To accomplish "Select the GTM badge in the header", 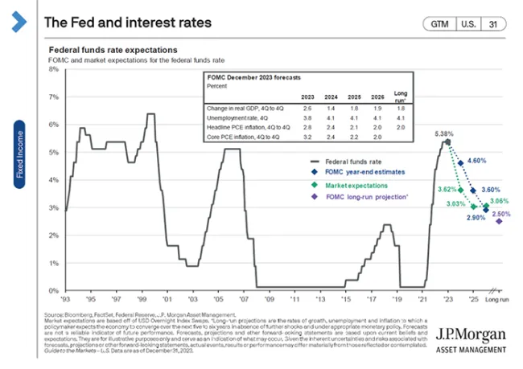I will click(439, 23).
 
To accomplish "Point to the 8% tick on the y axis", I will click(54, 69).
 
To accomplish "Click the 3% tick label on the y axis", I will click(54, 207).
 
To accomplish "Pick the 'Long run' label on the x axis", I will click(499, 299).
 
